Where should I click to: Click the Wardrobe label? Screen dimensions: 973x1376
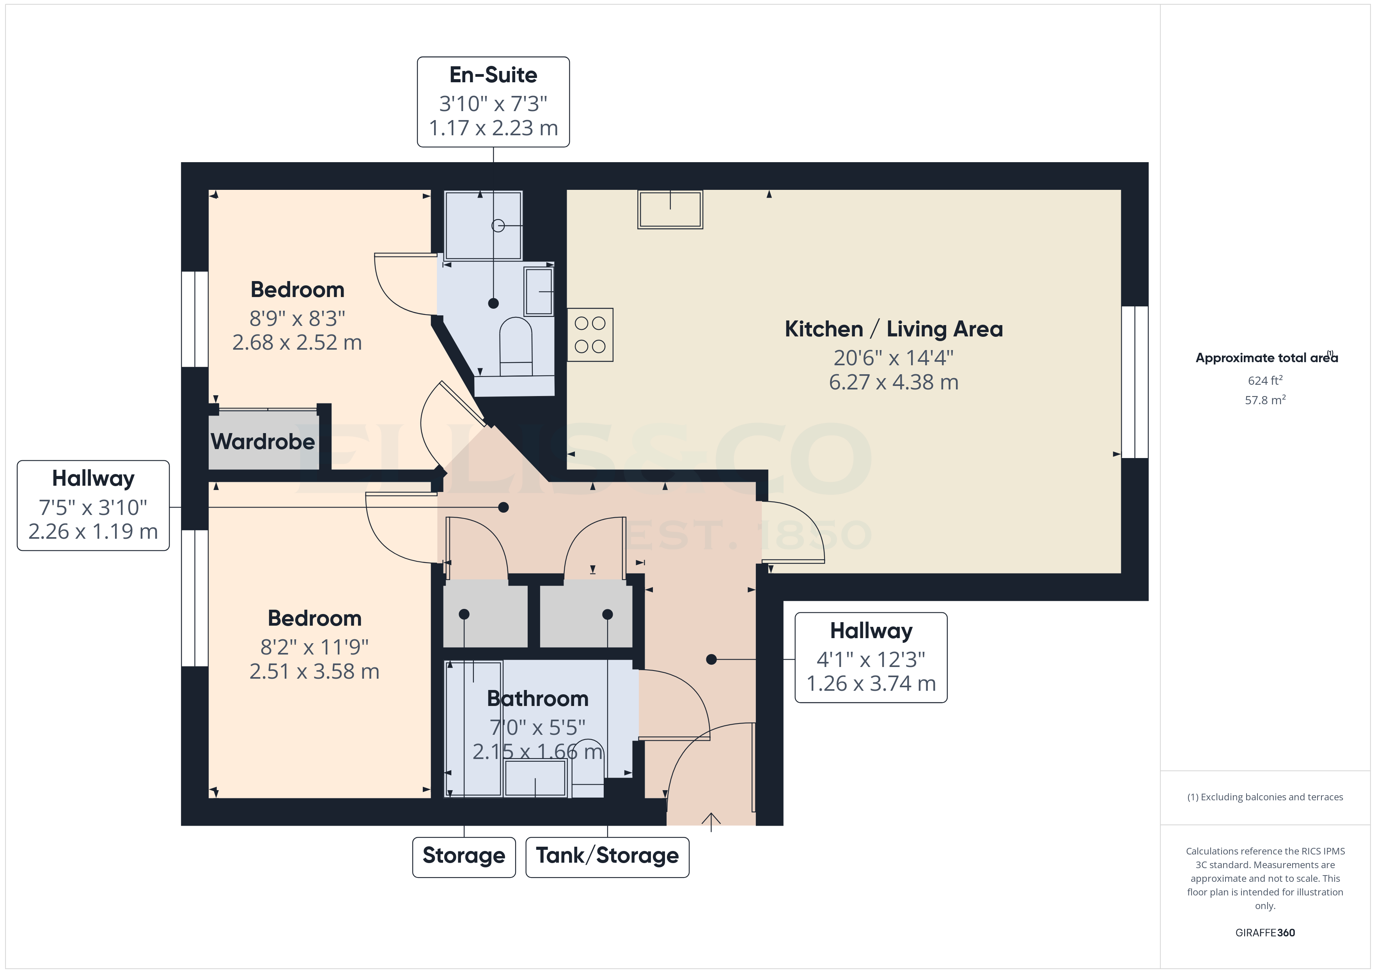262,442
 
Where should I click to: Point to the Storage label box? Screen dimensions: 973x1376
463,856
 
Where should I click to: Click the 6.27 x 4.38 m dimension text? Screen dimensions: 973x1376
893,382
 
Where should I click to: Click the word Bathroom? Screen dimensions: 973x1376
537,699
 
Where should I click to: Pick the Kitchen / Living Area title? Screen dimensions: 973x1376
893,329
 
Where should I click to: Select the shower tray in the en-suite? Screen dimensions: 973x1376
482,225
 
